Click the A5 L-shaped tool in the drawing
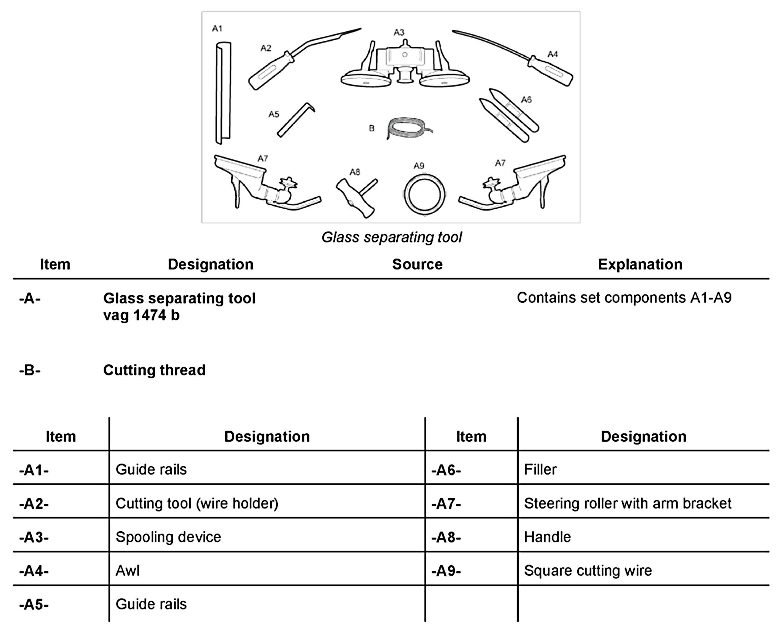pos(295,120)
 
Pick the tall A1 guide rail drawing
pos(223,93)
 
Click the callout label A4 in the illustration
pos(552,54)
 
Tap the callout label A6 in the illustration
pos(526,99)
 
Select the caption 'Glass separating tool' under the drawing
pos(391,237)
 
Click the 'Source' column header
pos(417,264)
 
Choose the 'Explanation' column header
pos(640,264)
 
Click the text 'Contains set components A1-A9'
pos(624,298)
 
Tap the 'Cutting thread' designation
pos(154,370)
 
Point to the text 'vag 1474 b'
pos(141,315)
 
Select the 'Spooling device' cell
pos(169,537)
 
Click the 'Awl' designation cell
pos(127,571)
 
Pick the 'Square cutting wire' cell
pos(588,571)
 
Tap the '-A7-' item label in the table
pos(446,504)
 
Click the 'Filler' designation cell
pos(540,469)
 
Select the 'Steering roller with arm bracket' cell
pos(627,503)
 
